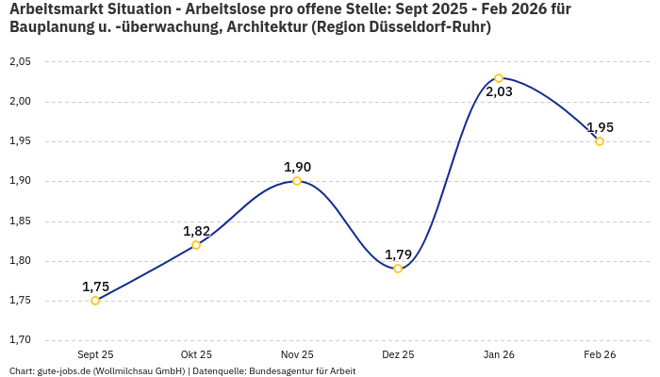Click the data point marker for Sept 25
click(x=95, y=301)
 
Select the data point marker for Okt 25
click(x=196, y=245)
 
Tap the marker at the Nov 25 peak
click(x=297, y=181)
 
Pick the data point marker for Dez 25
click(x=398, y=269)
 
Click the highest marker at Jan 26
click(x=499, y=78)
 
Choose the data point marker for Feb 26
click(x=600, y=141)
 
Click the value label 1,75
click(x=95, y=287)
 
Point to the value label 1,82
click(x=196, y=231)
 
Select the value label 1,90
click(x=297, y=167)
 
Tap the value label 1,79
click(x=398, y=254)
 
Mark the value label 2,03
click(x=499, y=92)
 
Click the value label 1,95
click(x=600, y=127)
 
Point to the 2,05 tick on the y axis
click(x=20, y=62)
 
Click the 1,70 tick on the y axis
click(x=20, y=340)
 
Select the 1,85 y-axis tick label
click(x=20, y=221)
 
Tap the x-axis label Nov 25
click(x=297, y=354)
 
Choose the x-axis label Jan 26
click(x=499, y=354)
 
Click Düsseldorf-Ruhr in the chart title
click(x=425, y=27)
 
